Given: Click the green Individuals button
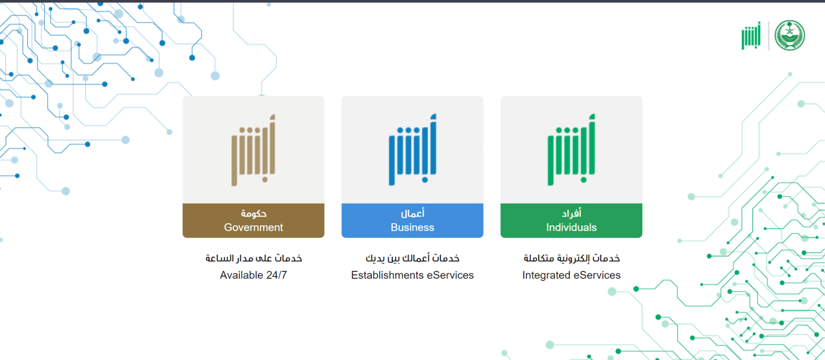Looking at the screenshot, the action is (x=571, y=220).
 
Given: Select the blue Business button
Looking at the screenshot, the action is (x=412, y=220).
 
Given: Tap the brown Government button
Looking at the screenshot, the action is (x=253, y=220).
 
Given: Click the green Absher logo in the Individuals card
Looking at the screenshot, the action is (x=571, y=150).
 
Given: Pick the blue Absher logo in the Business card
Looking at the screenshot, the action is (x=412, y=150).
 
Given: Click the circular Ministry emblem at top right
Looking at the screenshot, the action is (x=789, y=36).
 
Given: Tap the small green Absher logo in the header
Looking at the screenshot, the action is (x=751, y=36).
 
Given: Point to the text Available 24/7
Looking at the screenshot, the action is (x=253, y=275).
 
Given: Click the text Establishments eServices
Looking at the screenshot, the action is (x=412, y=275).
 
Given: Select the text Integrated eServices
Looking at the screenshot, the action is (x=571, y=275).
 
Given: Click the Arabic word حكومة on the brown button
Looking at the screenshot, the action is (x=253, y=214).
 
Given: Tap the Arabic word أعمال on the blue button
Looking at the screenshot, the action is (x=412, y=213).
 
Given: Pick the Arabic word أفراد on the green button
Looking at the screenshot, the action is (x=571, y=213).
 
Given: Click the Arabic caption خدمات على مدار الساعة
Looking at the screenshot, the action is (x=253, y=258).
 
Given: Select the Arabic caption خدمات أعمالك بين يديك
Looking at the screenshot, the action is (x=412, y=258).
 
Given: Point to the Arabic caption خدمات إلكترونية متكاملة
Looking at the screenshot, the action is (x=572, y=258).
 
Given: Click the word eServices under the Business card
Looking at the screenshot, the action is (x=450, y=275).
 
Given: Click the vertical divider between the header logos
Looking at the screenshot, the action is (x=769, y=36).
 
